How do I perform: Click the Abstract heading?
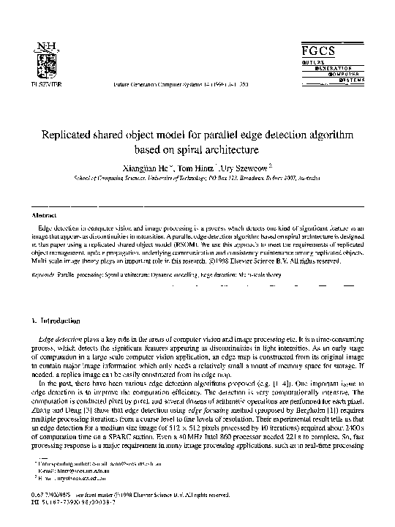[x=46, y=216]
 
